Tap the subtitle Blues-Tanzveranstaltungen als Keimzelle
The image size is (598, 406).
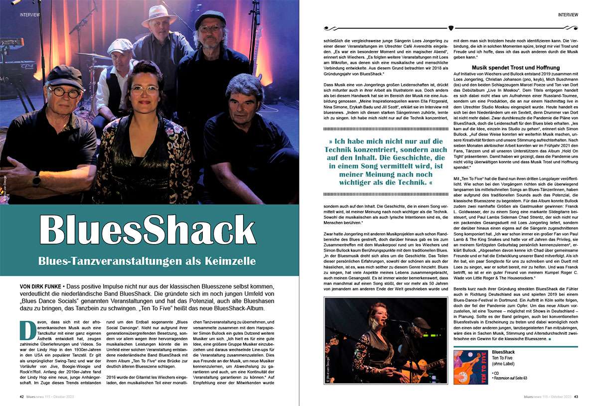tap(148, 261)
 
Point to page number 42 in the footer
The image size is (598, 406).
tap(22, 397)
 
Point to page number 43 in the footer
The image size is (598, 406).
tap(576, 397)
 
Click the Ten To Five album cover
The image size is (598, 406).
tap(470, 367)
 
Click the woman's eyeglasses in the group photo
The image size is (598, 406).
tap(145, 90)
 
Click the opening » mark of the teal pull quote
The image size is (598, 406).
tap(331, 141)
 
